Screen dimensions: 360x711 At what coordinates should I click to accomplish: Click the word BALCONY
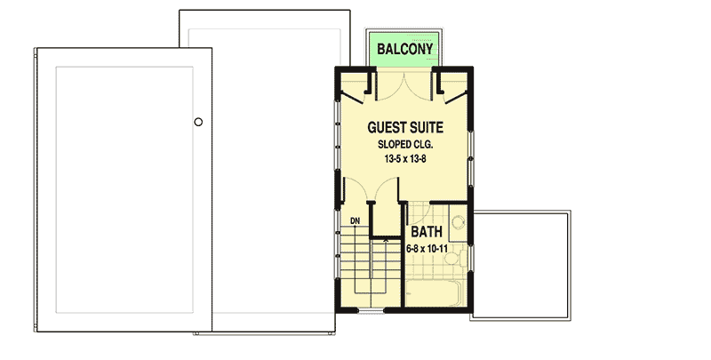coord(404,49)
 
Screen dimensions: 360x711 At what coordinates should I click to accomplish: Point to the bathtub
coord(435,292)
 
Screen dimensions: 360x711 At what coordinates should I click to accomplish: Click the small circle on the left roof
coord(198,122)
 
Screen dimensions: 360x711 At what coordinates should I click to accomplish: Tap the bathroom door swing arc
coord(420,213)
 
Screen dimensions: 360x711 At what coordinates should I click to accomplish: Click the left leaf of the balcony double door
coord(389,87)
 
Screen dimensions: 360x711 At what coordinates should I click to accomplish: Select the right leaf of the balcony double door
coord(421,87)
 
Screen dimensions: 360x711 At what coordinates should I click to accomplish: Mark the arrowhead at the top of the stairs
coord(385,238)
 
